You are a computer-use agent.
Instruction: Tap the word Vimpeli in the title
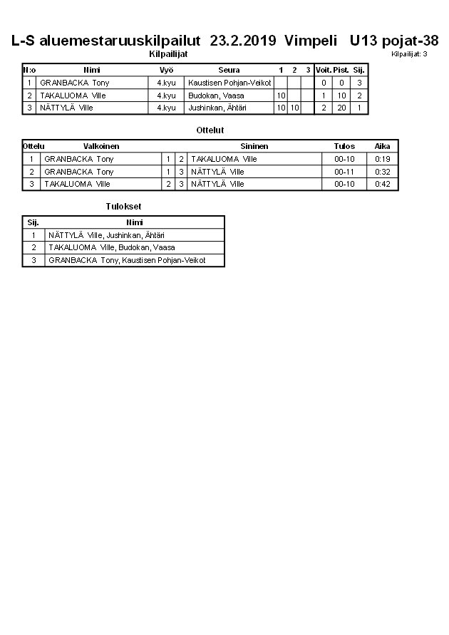coord(311,41)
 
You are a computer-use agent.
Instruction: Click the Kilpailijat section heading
coord(168,54)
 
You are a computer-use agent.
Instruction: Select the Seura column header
coord(229,70)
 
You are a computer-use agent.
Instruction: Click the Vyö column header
coord(166,70)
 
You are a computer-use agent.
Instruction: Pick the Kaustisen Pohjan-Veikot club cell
coord(229,83)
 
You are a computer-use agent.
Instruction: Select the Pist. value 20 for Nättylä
coord(341,108)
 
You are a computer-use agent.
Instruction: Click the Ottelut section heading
coord(210,130)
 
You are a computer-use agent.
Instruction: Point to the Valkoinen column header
coord(101,146)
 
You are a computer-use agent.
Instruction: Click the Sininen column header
coord(254,146)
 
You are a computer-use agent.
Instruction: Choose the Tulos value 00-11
coord(344,172)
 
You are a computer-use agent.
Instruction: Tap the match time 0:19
coord(383,159)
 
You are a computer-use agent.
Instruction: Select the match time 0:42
coord(383,184)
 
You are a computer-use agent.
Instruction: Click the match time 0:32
coord(383,172)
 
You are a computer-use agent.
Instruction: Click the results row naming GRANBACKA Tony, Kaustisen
coord(127,260)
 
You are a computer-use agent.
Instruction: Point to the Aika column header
coord(383,146)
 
